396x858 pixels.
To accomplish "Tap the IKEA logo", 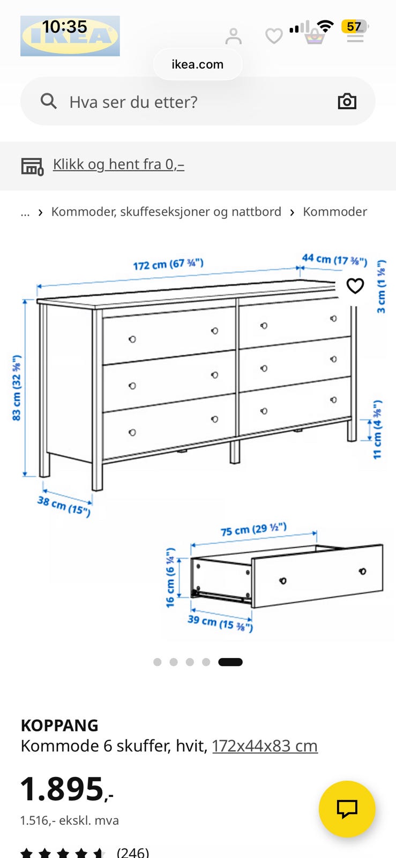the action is (x=70, y=36).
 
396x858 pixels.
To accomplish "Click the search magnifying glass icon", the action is (x=49, y=101).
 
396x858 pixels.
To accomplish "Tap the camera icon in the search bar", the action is (x=347, y=101).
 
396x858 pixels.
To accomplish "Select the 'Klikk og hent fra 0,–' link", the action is (x=118, y=164).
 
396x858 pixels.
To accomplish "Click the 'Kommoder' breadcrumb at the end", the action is (x=335, y=211).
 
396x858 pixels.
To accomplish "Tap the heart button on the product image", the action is (x=355, y=286).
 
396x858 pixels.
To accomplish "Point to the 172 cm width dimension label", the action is (x=168, y=264).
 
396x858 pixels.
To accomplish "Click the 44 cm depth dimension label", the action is (x=335, y=260).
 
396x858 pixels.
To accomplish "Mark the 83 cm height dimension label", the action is (x=17, y=388).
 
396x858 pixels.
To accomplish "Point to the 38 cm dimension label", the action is (x=64, y=506).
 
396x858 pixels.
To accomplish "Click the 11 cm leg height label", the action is (x=378, y=430).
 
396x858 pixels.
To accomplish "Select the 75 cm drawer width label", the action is (x=253, y=529).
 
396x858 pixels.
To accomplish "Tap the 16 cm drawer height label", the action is (x=170, y=578).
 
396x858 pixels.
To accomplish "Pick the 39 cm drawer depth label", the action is (x=220, y=623).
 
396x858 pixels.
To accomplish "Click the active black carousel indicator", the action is (x=230, y=662).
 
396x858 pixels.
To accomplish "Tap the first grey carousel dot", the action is (x=157, y=662).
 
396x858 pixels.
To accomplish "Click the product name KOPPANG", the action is (x=59, y=726).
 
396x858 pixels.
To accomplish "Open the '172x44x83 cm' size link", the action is (x=265, y=746).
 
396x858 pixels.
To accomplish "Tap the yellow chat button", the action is (x=347, y=809).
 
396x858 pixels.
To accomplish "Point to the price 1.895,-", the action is (x=66, y=789).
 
